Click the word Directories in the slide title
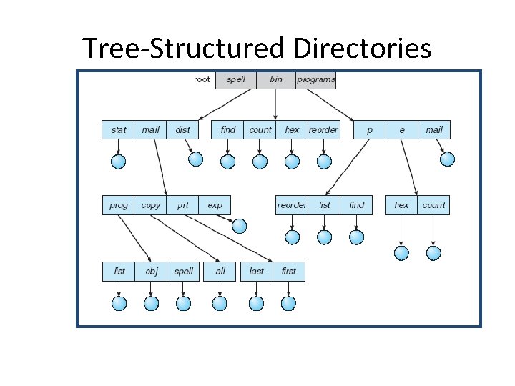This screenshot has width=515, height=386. [362, 49]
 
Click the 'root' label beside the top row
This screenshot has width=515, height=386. [202, 79]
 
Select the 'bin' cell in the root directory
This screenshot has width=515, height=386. [276, 79]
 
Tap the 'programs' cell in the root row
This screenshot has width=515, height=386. [315, 79]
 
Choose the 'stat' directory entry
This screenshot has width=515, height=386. [118, 129]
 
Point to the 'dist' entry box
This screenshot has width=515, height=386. [183, 129]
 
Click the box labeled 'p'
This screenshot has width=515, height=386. [370, 129]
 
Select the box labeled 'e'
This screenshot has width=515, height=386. [402, 129]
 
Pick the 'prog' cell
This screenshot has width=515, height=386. [119, 205]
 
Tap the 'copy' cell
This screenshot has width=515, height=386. [151, 205]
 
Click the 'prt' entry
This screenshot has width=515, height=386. [183, 205]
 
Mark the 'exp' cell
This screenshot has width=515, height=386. [215, 205]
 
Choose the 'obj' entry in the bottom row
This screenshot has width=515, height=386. [151, 272]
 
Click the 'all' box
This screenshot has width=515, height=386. [220, 272]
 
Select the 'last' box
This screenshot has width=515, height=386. [256, 272]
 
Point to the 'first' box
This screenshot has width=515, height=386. [288, 272]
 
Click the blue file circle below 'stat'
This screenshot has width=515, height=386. [119, 162]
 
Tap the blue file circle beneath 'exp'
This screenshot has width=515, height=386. [240, 227]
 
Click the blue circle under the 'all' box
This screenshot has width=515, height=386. [220, 303]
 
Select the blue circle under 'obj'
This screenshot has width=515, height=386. [151, 303]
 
